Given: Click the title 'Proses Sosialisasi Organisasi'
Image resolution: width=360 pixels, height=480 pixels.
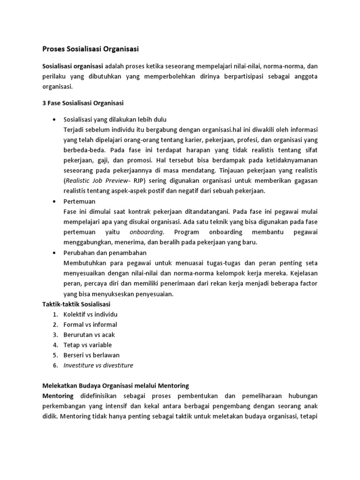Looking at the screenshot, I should [x=91, y=48].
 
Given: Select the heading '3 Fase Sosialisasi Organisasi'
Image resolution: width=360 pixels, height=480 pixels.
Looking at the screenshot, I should [x=83, y=103].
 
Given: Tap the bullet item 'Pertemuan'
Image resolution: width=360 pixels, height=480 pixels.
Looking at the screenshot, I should [x=79, y=201].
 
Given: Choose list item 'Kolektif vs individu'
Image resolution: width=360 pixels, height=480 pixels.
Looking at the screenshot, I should [x=90, y=314].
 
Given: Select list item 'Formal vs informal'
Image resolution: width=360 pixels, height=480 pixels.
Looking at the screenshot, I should [x=90, y=324].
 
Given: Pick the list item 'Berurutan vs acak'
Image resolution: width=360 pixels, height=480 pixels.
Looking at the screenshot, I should [x=89, y=335].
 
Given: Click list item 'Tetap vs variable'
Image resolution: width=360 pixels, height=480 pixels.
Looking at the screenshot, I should [x=88, y=345].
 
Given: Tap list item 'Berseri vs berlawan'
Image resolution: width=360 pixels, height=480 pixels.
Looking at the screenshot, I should [x=91, y=355].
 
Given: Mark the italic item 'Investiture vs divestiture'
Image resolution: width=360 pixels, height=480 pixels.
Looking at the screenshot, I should [x=98, y=366].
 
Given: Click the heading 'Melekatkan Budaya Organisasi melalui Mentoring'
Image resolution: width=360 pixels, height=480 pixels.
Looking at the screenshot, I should [x=116, y=386].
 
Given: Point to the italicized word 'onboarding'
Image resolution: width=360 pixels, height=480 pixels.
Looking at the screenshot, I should [x=146, y=232].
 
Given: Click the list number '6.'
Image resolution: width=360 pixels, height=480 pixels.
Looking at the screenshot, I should [x=55, y=366].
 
